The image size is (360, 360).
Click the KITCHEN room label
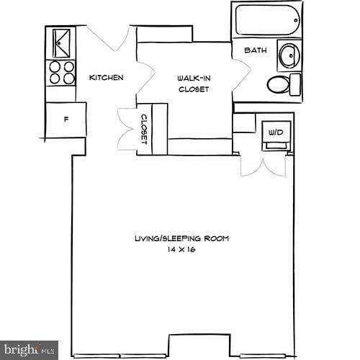[106, 78]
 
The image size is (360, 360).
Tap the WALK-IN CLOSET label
[194, 84]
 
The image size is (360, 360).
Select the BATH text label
[255, 51]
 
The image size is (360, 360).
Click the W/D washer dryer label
[276, 133]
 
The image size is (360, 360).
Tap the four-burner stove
[61, 73]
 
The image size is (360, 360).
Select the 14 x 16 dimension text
[182, 249]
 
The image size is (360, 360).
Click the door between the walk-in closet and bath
[242, 76]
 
